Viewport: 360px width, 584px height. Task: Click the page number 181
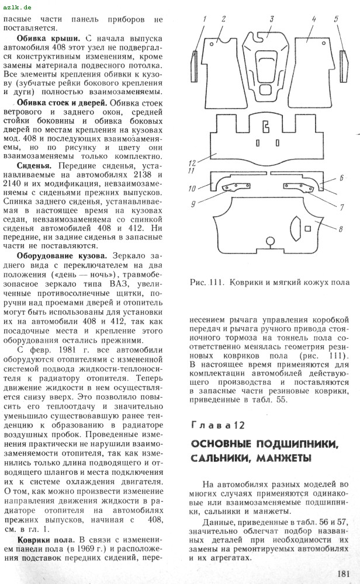pyautogui.click(x=344, y=573)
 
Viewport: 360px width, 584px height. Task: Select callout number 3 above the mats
pyautogui.click(x=272, y=19)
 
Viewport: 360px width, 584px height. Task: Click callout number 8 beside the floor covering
pyautogui.click(x=341, y=230)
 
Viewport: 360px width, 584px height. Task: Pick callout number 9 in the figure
pyautogui.click(x=193, y=203)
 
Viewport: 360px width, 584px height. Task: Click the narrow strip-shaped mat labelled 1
pyautogui.click(x=195, y=65)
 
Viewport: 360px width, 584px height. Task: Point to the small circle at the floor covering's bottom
pyautogui.click(x=269, y=241)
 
